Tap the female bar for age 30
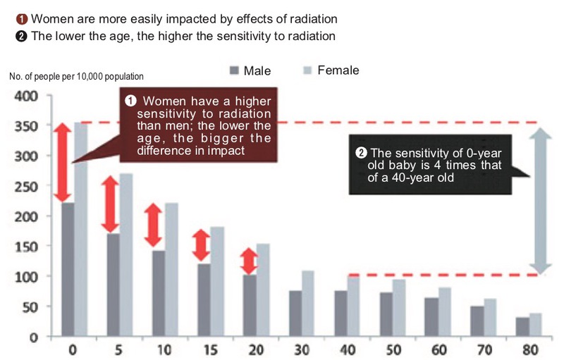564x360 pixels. click(x=307, y=303)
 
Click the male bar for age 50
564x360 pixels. click(x=386, y=314)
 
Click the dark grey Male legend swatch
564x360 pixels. click(x=235, y=70)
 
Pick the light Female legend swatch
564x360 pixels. click(x=308, y=70)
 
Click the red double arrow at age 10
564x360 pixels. click(x=153, y=225)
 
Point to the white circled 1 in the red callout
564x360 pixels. click(x=130, y=101)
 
